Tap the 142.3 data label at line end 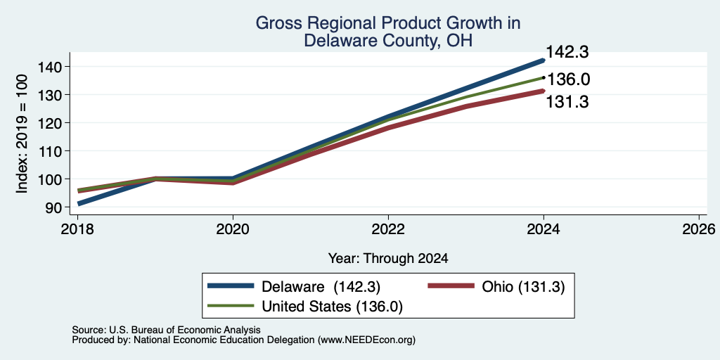[x=567, y=52]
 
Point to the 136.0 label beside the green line [x=568, y=79]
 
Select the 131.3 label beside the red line [x=567, y=102]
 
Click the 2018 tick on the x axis [x=77, y=229]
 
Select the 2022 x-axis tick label [x=388, y=229]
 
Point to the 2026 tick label [x=699, y=229]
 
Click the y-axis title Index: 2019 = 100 [x=22, y=134]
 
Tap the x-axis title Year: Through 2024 [x=388, y=259]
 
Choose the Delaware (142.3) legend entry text [x=321, y=287]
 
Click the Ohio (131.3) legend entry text [x=523, y=287]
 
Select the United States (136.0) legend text [x=332, y=307]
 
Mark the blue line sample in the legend [x=231, y=286]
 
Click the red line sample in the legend [x=451, y=286]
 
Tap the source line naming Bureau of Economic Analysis [x=166, y=330]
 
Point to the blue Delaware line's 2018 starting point [x=79, y=203]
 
